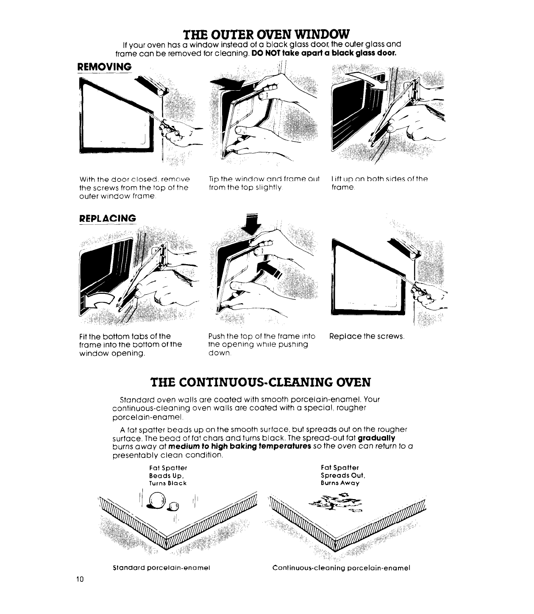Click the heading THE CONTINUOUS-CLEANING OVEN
261,382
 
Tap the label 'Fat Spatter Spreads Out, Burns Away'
343,475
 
